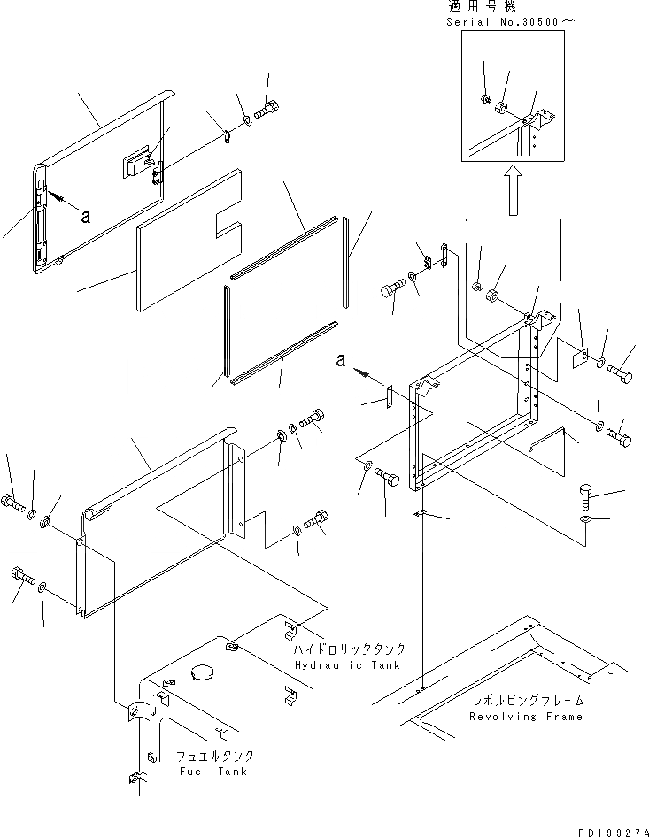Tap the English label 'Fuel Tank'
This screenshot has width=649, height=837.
(x=212, y=771)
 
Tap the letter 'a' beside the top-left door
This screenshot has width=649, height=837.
(x=85, y=214)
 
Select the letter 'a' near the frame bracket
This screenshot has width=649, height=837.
(x=341, y=360)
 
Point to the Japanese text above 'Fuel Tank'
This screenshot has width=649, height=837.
(x=216, y=756)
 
